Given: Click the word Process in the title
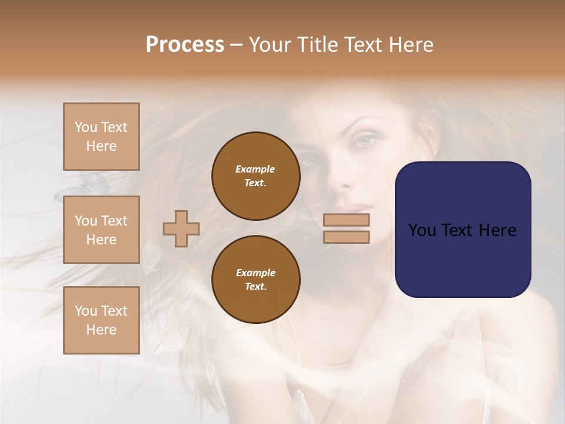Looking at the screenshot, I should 185,45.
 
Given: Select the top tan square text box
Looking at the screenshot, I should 101,137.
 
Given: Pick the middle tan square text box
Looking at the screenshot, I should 101,230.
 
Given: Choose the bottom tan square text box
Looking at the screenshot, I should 101,320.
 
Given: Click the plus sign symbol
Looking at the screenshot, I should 181,228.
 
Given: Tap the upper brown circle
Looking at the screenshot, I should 256,176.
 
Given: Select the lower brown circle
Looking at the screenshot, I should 256,280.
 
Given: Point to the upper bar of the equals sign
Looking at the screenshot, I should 346,220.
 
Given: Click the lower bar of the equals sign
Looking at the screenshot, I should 346,237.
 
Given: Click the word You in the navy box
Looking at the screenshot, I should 422,230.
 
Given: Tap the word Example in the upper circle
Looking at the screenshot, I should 255,169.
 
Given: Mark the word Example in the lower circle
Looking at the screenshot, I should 255,273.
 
